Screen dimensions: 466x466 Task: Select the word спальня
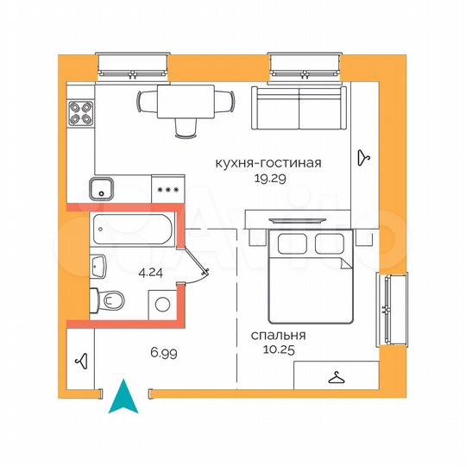tap(279, 336)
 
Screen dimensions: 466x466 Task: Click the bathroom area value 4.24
tap(152, 270)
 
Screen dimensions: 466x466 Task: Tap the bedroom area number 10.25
tap(279, 349)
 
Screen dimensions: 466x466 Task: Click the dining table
tap(186, 103)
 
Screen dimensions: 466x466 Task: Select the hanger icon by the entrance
tap(82, 361)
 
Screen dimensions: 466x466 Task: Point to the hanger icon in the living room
tap(365, 157)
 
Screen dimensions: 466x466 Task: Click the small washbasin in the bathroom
tap(98, 265)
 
